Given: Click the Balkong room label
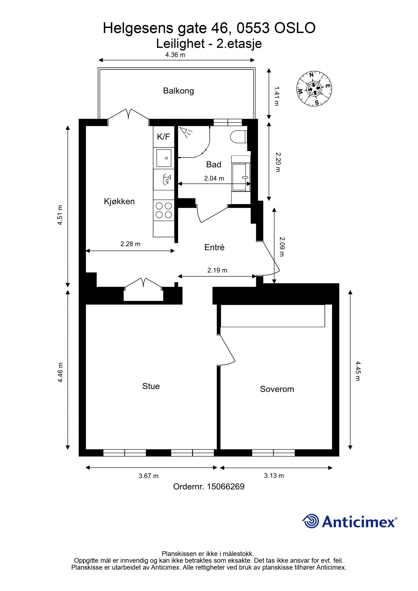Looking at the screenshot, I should click(x=178, y=91).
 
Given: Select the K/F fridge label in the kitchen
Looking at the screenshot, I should click(x=164, y=137).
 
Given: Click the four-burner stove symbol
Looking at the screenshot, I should click(x=164, y=210).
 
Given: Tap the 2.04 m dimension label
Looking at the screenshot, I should click(x=214, y=178).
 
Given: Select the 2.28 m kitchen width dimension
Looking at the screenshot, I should click(x=130, y=244).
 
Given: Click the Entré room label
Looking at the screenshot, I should click(x=214, y=247).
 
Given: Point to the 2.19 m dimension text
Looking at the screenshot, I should click(x=217, y=270).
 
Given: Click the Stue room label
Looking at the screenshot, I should click(x=151, y=386).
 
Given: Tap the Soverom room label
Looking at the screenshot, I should click(x=277, y=389).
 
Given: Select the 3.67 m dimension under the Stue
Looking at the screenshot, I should click(x=148, y=476).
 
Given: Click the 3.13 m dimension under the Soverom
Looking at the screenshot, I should click(x=274, y=476).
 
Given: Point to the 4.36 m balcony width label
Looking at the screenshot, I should click(x=175, y=55).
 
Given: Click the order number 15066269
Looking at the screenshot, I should click(x=225, y=487).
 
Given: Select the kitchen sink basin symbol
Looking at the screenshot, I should click(x=164, y=158).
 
